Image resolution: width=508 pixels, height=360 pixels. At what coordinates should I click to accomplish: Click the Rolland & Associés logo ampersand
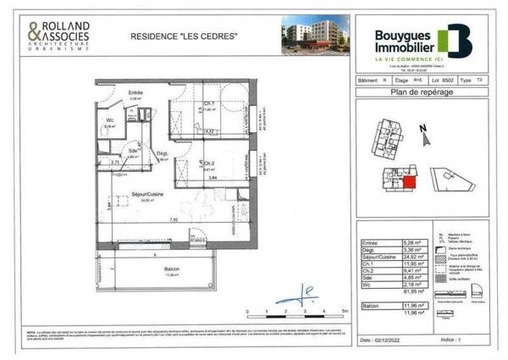pos(33,33)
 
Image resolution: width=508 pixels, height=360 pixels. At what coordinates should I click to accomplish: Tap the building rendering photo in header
pos(315,35)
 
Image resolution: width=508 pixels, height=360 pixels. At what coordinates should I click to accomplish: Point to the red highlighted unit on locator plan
pos(409,180)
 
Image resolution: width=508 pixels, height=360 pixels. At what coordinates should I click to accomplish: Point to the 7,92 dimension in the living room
pos(173,219)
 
